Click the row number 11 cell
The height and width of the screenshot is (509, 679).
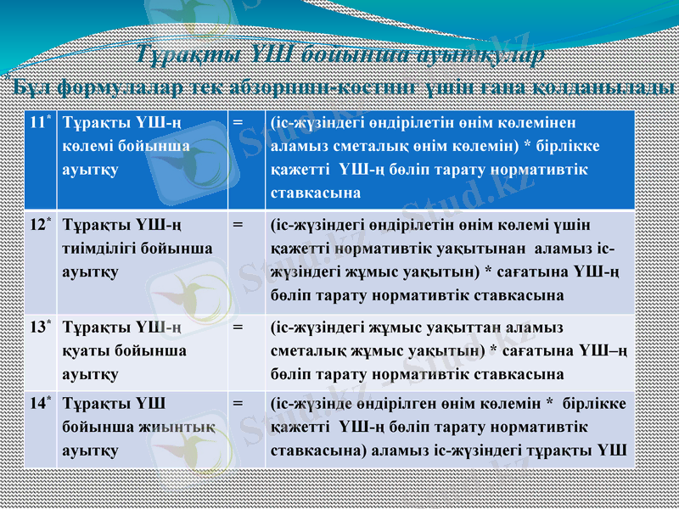[x=38, y=123]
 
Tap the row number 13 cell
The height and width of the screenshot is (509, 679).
[x=38, y=327]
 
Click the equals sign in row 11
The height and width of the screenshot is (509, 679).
[x=238, y=123]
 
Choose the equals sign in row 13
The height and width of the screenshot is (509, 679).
[x=238, y=327]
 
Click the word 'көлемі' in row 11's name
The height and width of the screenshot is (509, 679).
[x=85, y=146]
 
